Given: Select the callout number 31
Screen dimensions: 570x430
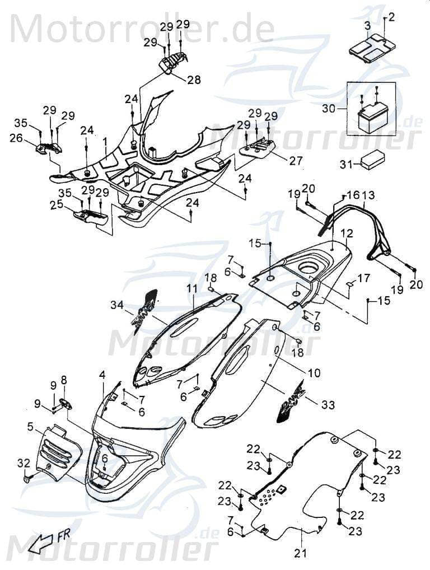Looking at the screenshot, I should point(346,163).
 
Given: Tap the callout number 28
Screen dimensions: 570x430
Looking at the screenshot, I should point(194,80).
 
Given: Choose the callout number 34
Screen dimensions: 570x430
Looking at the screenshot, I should point(116,305).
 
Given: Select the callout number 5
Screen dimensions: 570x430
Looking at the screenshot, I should point(29,427).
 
